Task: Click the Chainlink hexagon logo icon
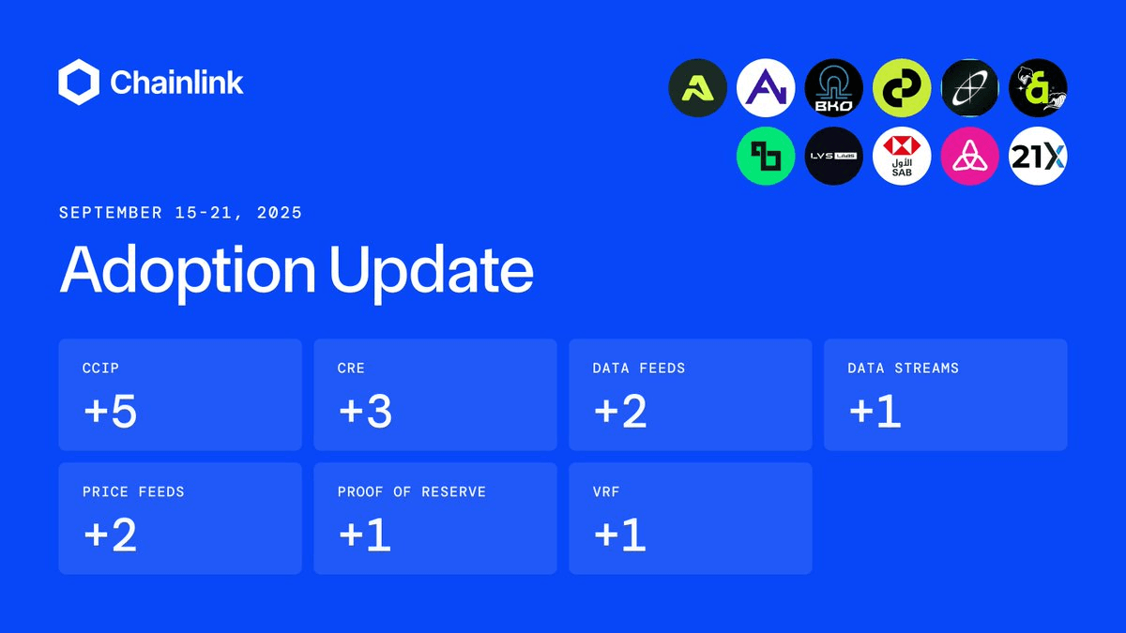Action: [79, 82]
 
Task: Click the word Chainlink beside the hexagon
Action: [176, 83]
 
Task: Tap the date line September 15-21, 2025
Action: [180, 213]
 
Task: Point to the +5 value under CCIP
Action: [111, 411]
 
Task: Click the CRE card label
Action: [351, 369]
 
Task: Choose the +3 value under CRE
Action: [365, 411]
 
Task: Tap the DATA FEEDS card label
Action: [638, 369]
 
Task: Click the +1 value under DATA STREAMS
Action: [875, 411]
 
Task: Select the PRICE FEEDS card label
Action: [133, 491]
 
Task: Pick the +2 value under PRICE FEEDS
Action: [111, 535]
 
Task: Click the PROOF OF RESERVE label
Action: [412, 491]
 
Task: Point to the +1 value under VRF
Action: [620, 535]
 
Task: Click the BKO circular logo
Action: [833, 88]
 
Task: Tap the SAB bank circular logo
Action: [902, 156]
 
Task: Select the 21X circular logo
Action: [1038, 156]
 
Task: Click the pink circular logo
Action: [969, 156]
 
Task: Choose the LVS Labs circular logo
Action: [833, 156]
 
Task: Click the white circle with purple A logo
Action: [766, 88]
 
